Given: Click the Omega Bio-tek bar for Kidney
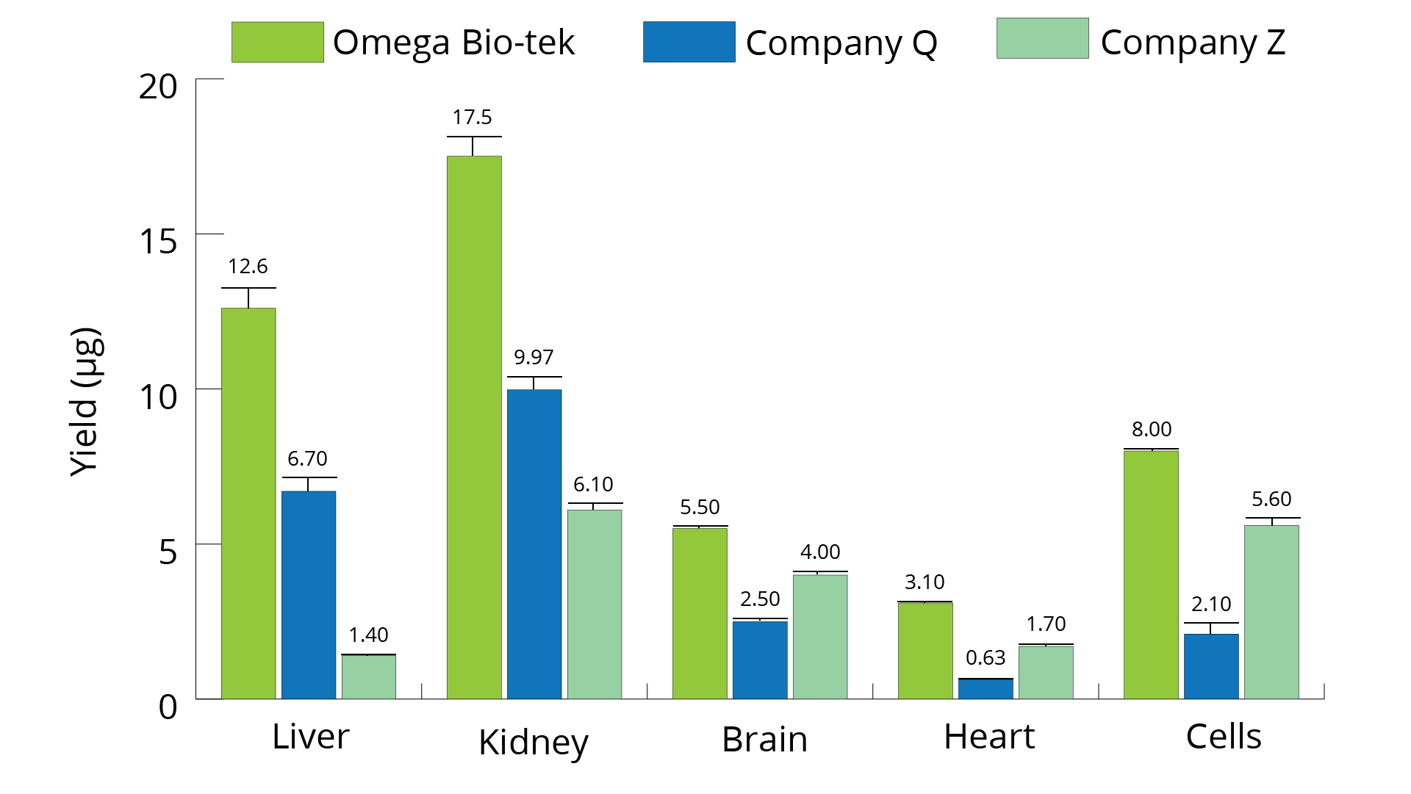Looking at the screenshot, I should coord(474,426).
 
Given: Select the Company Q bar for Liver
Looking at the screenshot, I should coord(309,595).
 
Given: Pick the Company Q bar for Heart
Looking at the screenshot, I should coord(985,689).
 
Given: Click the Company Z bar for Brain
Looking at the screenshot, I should coord(820,636).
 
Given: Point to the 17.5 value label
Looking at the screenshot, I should coord(472,118).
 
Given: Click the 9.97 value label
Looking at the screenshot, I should coord(534,358).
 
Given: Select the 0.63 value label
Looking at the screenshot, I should coord(985,658).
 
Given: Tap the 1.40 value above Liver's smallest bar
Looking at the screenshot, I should coord(368,635).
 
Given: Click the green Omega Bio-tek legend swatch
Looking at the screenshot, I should coord(277,43).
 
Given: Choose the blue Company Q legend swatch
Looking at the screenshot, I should coord(689,43).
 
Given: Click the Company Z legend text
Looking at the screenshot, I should coord(1193,43).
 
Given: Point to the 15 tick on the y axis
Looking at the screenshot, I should coord(159,242).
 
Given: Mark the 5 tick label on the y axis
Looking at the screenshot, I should coord(168,552).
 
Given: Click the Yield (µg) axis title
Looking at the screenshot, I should coord(85,402).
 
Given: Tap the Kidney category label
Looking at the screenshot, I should coord(534,742).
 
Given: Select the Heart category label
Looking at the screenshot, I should coord(989,737).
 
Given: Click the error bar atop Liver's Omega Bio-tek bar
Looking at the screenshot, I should coord(248,297).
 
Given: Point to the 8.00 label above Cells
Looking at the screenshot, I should coord(1152,430).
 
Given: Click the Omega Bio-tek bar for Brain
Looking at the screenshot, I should coord(700,613).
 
